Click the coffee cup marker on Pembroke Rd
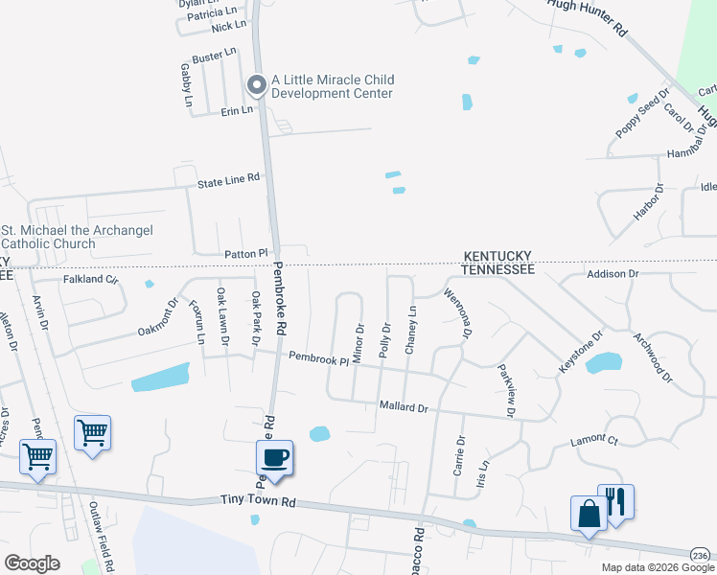pyautogui.click(x=275, y=457)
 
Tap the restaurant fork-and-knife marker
pyautogui.click(x=614, y=502)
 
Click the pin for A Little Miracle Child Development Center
pyautogui.click(x=256, y=86)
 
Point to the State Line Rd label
pyautogui.click(x=228, y=179)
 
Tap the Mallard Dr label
pyautogui.click(x=403, y=407)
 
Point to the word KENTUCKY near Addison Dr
pyautogui.click(x=497, y=256)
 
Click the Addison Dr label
pyautogui.click(x=612, y=274)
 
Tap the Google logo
pyautogui.click(x=32, y=563)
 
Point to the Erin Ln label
pyautogui.click(x=236, y=110)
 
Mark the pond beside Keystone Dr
pyautogui.click(x=603, y=362)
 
